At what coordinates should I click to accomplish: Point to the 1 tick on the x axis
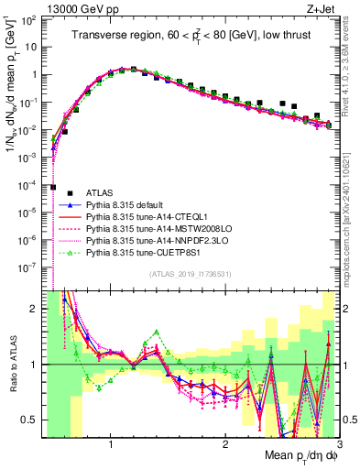pos(111,443)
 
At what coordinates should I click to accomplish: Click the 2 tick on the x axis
pos(224,443)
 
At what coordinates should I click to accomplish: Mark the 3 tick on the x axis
pos(338,443)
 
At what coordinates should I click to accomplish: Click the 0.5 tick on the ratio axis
pos(29,420)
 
